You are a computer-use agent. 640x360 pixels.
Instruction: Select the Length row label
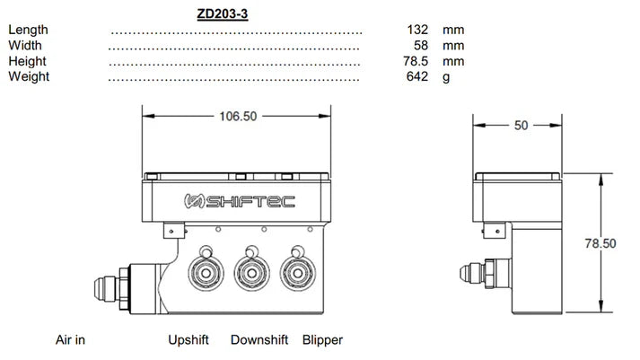coord(28,30)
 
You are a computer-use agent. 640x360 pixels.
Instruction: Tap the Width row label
coord(24,45)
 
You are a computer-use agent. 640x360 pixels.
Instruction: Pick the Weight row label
coord(29,76)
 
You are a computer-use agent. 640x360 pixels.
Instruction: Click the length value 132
coord(418,30)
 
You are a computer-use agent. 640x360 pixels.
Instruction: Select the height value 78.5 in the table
coord(417,61)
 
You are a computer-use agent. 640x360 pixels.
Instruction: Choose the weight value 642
coord(418,76)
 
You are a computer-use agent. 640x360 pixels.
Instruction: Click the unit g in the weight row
coord(445,76)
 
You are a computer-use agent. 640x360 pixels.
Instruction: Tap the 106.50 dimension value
coord(237,116)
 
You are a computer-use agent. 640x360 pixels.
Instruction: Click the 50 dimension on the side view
coord(521,126)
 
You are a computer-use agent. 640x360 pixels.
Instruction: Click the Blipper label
coord(322,340)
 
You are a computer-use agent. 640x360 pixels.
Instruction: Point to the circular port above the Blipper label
coord(293,273)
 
